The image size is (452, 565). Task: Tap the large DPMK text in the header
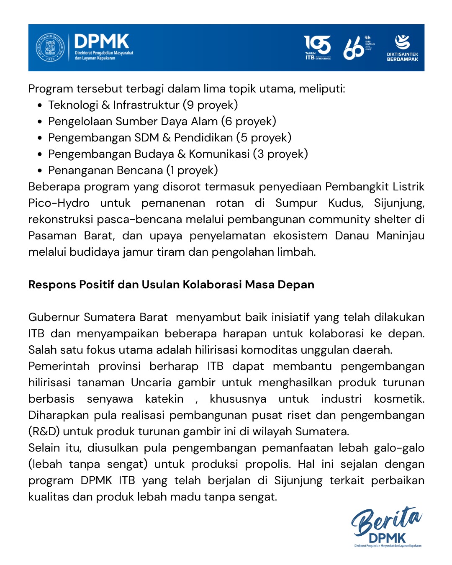[102, 42]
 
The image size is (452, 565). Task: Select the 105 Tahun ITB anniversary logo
[317, 47]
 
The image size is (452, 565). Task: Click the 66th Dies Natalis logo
[358, 48]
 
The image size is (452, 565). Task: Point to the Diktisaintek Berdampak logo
[402, 47]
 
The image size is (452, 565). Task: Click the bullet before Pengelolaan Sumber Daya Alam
[39, 122]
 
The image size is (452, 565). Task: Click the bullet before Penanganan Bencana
[39, 171]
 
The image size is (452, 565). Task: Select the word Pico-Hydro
[59, 203]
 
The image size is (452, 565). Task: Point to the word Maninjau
[400, 236]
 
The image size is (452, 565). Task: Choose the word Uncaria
[151, 383]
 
